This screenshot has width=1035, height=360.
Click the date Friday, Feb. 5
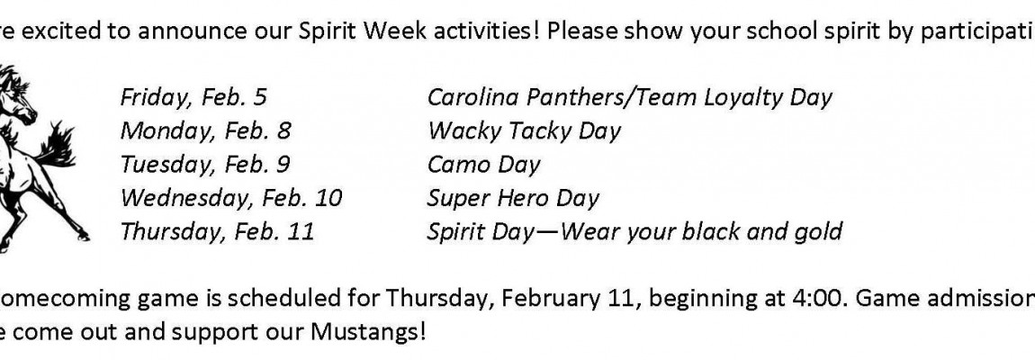coord(193,98)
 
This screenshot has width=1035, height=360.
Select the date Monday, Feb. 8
coord(205,131)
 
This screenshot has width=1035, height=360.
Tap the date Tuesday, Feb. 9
coord(204,165)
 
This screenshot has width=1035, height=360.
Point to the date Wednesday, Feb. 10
coord(231,198)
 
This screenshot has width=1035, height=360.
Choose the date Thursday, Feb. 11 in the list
coord(217,232)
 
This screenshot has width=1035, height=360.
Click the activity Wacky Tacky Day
coord(524,131)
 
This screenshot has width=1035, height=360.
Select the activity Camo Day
coord(484,165)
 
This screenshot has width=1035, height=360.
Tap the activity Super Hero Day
coord(513,198)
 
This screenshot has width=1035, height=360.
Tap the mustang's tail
coord(57,145)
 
